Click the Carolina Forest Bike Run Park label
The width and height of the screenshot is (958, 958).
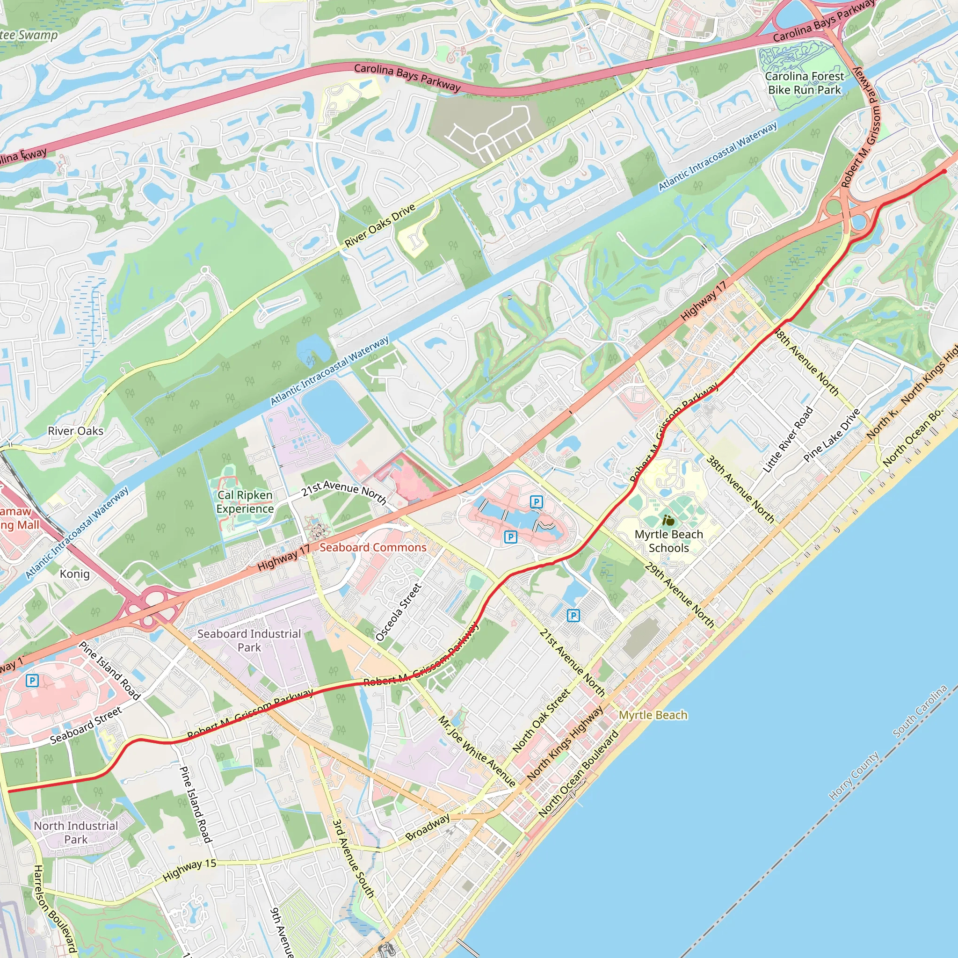pyautogui.click(x=804, y=83)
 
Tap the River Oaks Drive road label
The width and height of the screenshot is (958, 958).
pyautogui.click(x=380, y=225)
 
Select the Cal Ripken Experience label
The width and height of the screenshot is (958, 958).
pyautogui.click(x=245, y=502)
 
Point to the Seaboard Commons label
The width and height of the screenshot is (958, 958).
pyautogui.click(x=373, y=547)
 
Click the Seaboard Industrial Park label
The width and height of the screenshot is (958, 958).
pyautogui.click(x=249, y=641)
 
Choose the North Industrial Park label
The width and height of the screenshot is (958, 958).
pyautogui.click(x=76, y=833)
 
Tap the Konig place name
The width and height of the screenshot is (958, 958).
pyautogui.click(x=75, y=573)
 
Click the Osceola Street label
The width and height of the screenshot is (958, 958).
pyautogui.click(x=399, y=612)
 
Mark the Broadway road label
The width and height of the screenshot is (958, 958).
pyautogui.click(x=428, y=827)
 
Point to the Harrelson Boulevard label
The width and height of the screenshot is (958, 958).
pyautogui.click(x=55, y=910)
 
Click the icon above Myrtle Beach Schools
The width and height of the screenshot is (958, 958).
pyautogui.click(x=668, y=521)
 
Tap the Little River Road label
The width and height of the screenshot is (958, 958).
pyautogui.click(x=788, y=439)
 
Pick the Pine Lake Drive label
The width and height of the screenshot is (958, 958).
pyautogui.click(x=832, y=435)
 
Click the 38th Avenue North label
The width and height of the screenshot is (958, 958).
pyautogui.click(x=740, y=489)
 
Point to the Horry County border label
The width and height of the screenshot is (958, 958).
pyautogui.click(x=854, y=776)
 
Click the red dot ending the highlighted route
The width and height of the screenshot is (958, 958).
pyautogui.click(x=944, y=172)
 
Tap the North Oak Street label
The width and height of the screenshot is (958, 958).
pyautogui.click(x=542, y=721)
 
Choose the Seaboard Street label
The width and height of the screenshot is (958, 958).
pyautogui.click(x=86, y=726)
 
